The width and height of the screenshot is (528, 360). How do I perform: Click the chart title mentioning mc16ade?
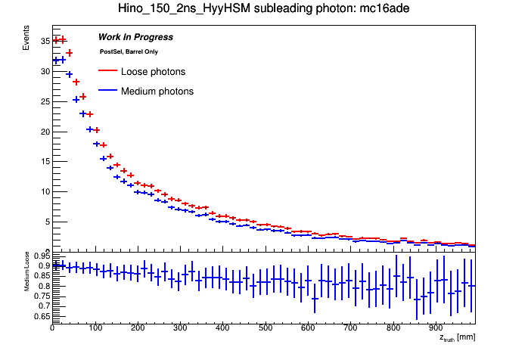pyautogui.click(x=263, y=9)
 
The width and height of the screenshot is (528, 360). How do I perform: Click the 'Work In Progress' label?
pyautogui.click(x=135, y=37)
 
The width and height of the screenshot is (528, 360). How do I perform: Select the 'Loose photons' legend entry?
pyautogui.click(x=153, y=72)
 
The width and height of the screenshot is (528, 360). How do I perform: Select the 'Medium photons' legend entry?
pyautogui.click(x=157, y=92)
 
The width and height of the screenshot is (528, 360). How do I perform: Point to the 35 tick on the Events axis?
pyautogui.click(x=45, y=41)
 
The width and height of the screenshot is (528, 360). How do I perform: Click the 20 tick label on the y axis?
pyautogui.click(x=45, y=132)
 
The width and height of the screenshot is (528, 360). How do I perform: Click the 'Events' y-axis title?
pyautogui.click(x=26, y=38)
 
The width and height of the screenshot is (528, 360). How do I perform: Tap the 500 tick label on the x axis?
pyautogui.click(x=393, y=328)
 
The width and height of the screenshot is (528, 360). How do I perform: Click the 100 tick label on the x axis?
pyautogui.click(x=95, y=328)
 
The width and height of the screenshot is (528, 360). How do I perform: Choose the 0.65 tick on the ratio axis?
pyautogui.click(x=42, y=316)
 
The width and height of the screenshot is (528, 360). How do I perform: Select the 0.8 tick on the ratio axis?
pyautogui.click(x=44, y=286)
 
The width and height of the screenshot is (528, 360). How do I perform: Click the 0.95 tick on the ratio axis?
pyautogui.click(x=42, y=256)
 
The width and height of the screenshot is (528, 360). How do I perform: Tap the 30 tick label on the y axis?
pyautogui.click(x=45, y=71)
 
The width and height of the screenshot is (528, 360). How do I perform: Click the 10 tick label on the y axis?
pyautogui.click(x=45, y=191)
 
